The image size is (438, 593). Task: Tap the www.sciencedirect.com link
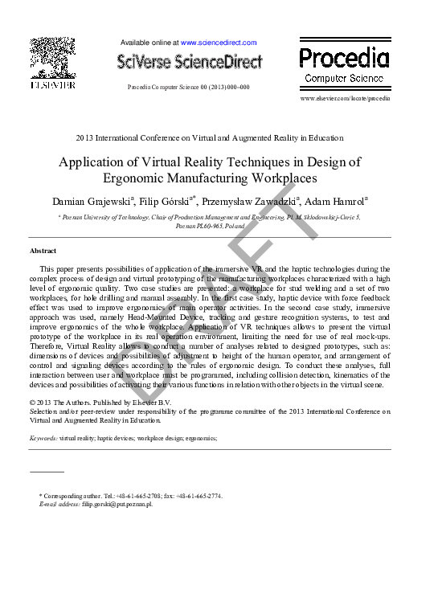(219, 43)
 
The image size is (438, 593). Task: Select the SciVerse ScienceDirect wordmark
(190, 61)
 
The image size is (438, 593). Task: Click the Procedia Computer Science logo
(344, 64)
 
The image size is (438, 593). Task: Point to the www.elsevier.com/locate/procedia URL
(344, 98)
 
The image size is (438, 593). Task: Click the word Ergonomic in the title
(137, 178)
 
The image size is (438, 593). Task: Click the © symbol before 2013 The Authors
(32, 402)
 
